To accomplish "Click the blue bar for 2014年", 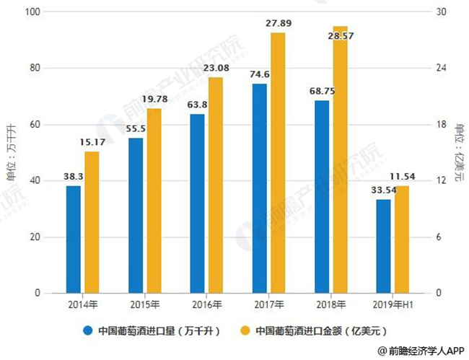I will click(73, 240).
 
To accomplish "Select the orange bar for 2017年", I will click(278, 163).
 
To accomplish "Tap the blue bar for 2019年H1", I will click(383, 246).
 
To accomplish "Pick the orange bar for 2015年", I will click(154, 201).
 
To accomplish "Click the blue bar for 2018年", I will click(322, 197).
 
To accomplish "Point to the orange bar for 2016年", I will click(216, 185).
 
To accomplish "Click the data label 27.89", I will click(278, 24).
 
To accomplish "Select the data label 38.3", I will click(73, 177).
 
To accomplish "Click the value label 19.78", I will click(154, 99).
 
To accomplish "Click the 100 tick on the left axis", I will click(32, 12).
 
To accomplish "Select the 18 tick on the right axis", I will click(439, 125).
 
